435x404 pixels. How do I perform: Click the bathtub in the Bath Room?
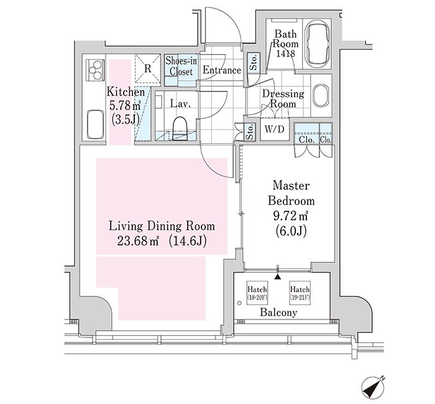[x=317, y=44]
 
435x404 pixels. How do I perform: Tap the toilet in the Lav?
[x=180, y=129]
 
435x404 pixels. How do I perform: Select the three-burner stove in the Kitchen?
[x=96, y=70]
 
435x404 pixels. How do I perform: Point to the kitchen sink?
[x=95, y=124]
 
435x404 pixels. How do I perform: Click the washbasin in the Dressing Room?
[x=321, y=95]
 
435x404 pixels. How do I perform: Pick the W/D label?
[x=274, y=129]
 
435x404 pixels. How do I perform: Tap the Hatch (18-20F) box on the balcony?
[x=257, y=293]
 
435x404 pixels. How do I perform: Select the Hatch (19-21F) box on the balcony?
[x=300, y=293]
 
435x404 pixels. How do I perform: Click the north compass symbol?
[x=373, y=386]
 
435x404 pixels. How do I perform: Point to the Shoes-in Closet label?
[x=181, y=67]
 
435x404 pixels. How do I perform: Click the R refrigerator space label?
[x=148, y=68]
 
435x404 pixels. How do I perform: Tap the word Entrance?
[x=222, y=70]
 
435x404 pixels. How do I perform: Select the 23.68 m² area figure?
[x=137, y=241]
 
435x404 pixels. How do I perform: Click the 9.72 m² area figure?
[x=291, y=216]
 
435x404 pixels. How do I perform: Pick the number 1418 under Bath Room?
[x=285, y=53]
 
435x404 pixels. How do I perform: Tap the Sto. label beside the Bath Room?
[x=254, y=63]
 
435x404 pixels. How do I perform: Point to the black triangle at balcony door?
[x=277, y=277]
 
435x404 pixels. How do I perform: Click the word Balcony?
[x=278, y=313]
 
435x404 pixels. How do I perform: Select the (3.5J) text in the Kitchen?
[x=125, y=119]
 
